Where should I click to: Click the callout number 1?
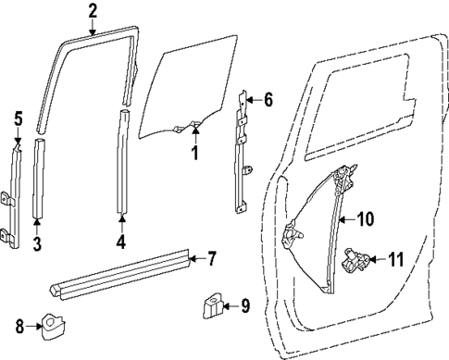click(195, 153)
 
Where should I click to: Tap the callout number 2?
click(92, 11)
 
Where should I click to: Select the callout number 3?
click(36, 244)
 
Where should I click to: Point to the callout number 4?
click(120, 244)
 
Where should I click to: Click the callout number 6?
click(268, 99)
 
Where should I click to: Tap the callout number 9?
click(244, 304)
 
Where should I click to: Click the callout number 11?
click(395, 260)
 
